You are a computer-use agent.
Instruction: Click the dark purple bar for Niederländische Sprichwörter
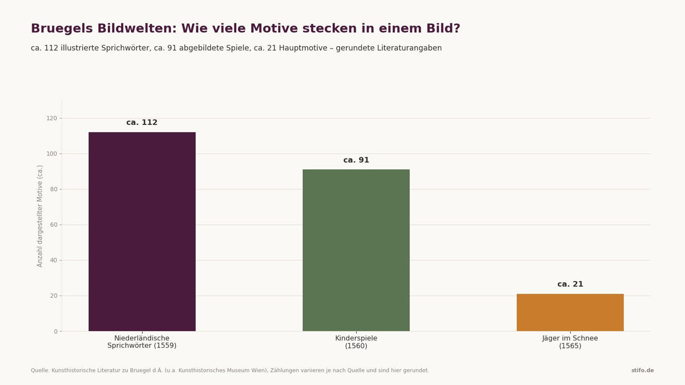pos(142,232)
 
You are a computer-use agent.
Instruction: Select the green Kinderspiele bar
pos(356,250)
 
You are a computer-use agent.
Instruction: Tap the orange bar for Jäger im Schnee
pos(570,313)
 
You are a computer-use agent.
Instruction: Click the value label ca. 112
pos(142,123)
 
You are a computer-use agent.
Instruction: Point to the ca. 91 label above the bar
pos(356,160)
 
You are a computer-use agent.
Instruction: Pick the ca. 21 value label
pos(570,284)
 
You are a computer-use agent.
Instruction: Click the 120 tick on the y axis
pos(52,118)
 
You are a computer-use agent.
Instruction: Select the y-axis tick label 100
pos(52,153)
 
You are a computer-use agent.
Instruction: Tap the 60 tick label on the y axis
pos(54,225)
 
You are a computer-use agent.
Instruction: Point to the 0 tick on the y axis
pos(56,331)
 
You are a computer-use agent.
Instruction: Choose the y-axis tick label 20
pos(54,296)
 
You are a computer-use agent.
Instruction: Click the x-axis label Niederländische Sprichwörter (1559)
pos(142,342)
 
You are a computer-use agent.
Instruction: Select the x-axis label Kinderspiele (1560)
pos(356,342)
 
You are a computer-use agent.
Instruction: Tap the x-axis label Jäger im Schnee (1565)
pos(570,342)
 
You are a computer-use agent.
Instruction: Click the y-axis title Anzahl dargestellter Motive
pos(40,216)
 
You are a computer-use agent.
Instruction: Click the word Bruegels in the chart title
pos(62,29)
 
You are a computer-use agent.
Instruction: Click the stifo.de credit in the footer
pos(643,370)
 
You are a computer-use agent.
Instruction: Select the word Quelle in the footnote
pos(40,370)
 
